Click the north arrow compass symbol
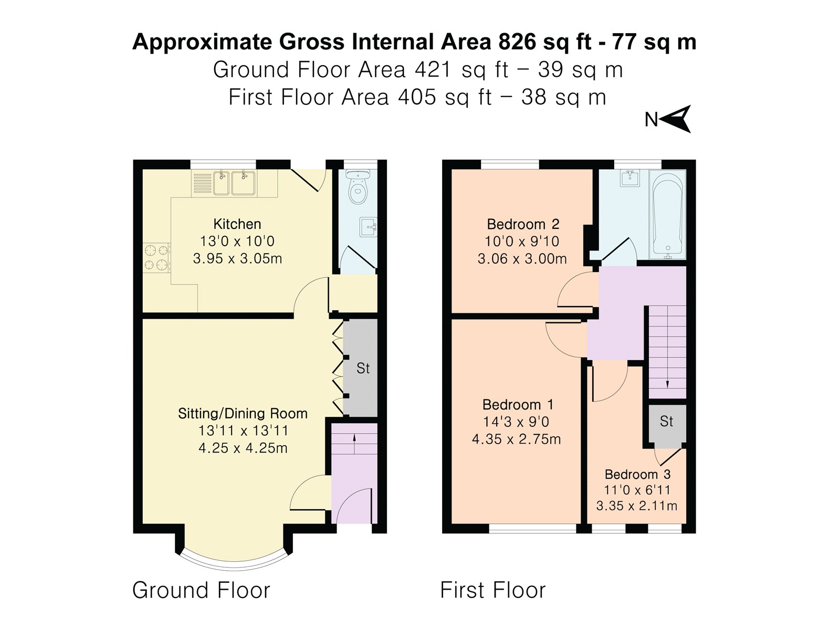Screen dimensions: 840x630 coord(677,119)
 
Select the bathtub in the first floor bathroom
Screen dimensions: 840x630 coord(667,215)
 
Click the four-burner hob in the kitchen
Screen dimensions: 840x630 coord(156,257)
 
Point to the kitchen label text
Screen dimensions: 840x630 coord(237,224)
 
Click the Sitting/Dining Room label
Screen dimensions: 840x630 coord(243,414)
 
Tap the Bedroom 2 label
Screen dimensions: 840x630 coord(523,224)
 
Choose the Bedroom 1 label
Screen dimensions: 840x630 coord(518,404)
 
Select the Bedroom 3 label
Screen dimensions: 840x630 coord(637,474)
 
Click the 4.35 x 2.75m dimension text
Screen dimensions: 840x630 coord(516,439)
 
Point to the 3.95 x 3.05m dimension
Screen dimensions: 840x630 coord(237,258)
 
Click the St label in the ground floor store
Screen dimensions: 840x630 coord(363,369)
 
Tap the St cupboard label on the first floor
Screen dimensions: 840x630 coord(666,421)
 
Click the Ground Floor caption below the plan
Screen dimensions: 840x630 coord(201,590)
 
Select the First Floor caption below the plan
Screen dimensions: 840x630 coord(493,590)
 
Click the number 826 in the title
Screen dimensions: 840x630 coord(517,41)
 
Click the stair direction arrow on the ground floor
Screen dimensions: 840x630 coord(354,443)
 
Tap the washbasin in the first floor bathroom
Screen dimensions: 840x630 coord(629,178)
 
